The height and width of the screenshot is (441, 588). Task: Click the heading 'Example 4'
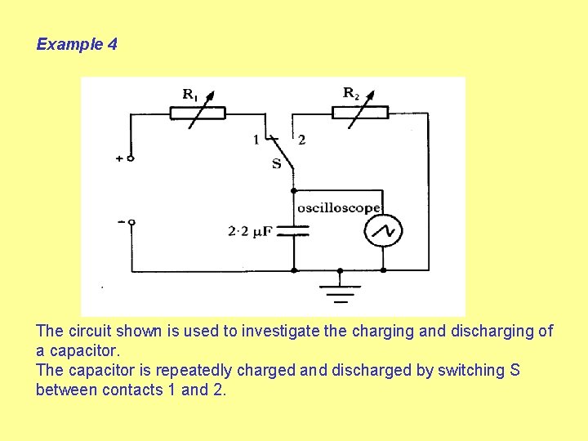coord(77,44)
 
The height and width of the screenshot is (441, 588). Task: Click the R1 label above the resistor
coord(189,95)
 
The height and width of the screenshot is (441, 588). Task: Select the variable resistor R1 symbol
coord(197,113)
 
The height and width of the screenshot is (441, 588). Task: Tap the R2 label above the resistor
coord(350,93)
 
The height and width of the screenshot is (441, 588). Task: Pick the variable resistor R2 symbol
coord(359,112)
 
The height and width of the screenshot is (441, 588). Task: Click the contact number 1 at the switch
coord(256,140)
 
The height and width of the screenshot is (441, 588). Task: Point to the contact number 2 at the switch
coord(301,140)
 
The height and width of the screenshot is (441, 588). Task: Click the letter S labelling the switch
coord(276,163)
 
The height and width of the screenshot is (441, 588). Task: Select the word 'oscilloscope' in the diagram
coord(338,207)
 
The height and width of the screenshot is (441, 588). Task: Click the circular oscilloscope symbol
coord(382,231)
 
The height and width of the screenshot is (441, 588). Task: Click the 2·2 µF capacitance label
coord(250,231)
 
